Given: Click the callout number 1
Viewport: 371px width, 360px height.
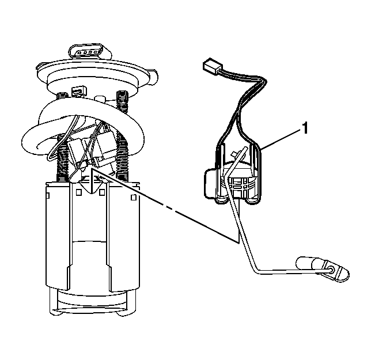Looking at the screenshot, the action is [305, 128].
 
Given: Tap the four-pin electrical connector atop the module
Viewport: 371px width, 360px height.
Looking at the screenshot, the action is [89, 52].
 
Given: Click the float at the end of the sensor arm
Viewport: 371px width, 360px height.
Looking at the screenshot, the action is [323, 269].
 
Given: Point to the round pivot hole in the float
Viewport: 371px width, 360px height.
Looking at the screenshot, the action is [331, 270].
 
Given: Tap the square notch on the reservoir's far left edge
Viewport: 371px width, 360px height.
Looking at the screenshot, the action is [47, 195].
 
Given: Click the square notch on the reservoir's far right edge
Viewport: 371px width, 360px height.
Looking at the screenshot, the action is [134, 197].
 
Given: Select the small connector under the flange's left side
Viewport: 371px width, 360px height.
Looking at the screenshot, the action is [79, 91].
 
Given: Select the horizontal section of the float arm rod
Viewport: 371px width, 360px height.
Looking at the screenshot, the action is [291, 271].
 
